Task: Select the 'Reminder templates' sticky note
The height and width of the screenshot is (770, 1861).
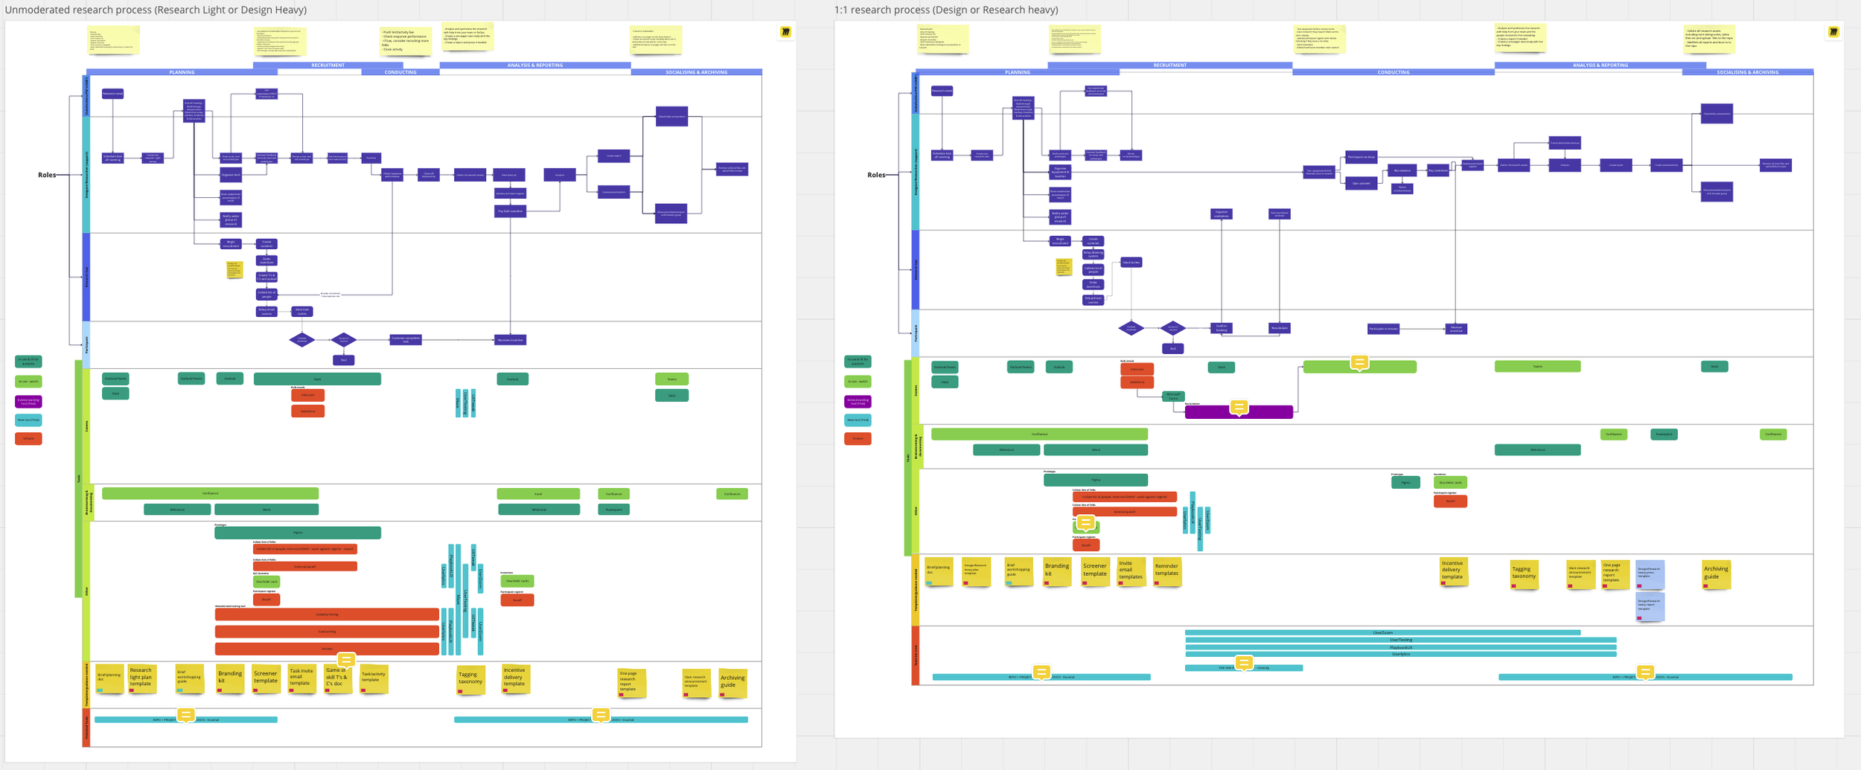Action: click(1166, 571)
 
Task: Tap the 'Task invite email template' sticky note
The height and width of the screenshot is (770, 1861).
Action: click(301, 678)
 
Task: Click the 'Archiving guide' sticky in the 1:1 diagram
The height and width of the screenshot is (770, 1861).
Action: click(1716, 574)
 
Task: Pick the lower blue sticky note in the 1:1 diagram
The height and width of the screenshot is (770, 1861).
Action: click(1650, 606)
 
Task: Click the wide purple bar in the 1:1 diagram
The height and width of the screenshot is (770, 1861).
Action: click(1239, 412)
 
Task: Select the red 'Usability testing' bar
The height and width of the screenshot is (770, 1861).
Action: click(327, 615)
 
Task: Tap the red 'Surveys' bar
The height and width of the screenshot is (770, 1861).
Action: click(327, 649)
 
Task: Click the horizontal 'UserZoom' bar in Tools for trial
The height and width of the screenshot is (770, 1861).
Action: click(1382, 632)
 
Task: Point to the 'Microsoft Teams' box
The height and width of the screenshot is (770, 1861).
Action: click(1173, 397)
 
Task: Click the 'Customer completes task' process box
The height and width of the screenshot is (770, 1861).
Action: click(406, 340)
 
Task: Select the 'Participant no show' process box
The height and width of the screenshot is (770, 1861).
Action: click(1361, 157)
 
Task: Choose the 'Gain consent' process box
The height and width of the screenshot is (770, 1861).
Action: click(1361, 183)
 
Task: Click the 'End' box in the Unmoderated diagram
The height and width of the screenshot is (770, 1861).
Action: click(343, 360)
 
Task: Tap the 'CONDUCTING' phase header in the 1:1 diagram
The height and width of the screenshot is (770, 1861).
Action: click(1393, 72)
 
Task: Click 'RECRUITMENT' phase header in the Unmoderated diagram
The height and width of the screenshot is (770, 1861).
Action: click(328, 65)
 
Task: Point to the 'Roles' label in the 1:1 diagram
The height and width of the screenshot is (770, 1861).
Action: click(876, 175)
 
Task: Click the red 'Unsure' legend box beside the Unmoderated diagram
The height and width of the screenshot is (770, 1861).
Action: click(28, 439)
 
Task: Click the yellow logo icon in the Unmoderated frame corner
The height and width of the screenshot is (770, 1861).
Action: click(785, 32)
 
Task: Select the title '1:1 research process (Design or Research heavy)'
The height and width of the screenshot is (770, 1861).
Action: click(945, 10)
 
